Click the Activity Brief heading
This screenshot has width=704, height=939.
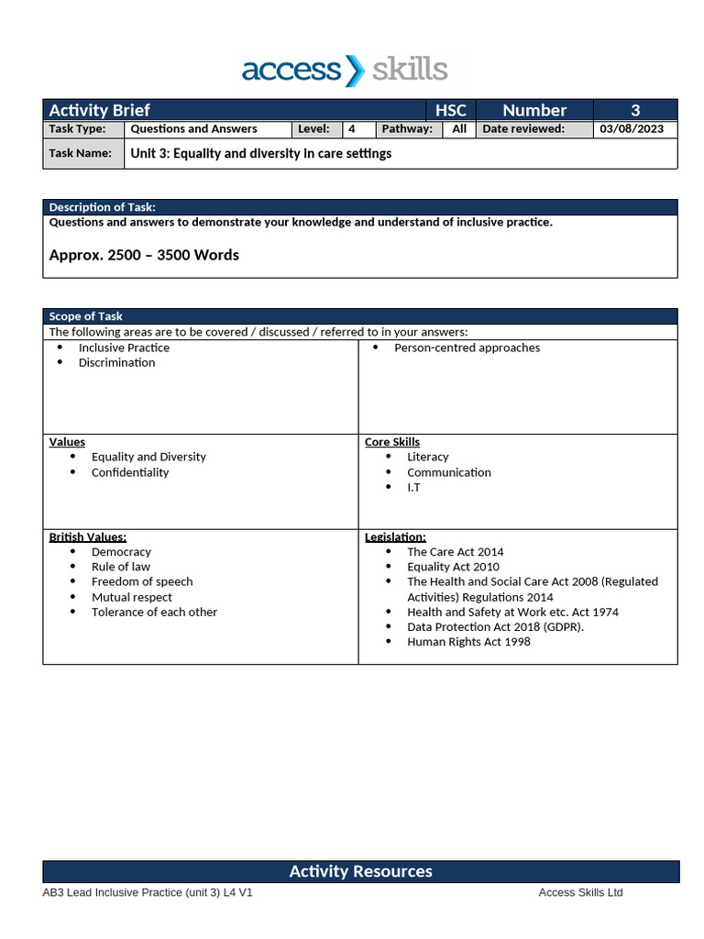[99, 110]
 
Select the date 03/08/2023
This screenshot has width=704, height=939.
[632, 129]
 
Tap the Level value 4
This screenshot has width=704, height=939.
[352, 129]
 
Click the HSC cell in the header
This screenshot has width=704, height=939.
[450, 110]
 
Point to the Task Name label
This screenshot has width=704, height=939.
[81, 154]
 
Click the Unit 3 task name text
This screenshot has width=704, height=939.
[260, 154]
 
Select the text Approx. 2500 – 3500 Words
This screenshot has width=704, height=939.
[144, 255]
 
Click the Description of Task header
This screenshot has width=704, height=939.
[102, 207]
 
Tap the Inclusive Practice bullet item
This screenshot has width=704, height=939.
[124, 348]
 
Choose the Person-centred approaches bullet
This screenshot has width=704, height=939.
[467, 348]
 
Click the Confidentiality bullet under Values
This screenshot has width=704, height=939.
[130, 472]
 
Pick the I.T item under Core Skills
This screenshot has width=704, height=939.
[413, 487]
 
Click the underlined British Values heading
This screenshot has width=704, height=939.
[88, 536]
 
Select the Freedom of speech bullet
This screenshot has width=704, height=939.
[142, 581]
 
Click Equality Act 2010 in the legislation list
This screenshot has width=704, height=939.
[453, 567]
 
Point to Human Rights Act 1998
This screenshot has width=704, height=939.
[468, 641]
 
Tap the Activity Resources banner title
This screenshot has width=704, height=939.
[360, 871]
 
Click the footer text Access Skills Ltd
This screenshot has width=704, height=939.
[580, 892]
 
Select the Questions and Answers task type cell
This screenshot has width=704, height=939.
[193, 129]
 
